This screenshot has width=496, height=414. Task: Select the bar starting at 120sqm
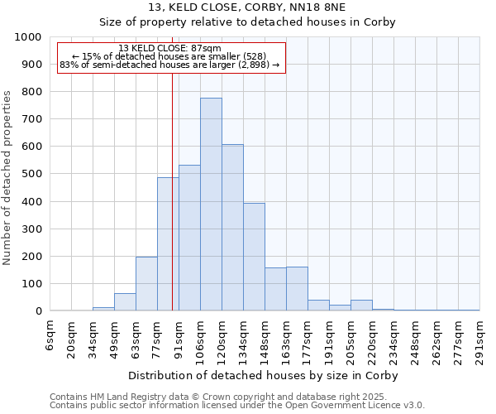[232, 228]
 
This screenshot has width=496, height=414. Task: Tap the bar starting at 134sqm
[254, 257]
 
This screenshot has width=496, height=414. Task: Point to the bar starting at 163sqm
[297, 289]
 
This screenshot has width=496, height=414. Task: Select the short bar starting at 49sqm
[125, 302]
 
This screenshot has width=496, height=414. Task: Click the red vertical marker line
[172, 207]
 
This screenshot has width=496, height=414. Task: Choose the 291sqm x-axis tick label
[479, 339]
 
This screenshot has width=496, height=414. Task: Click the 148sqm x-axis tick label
[265, 339]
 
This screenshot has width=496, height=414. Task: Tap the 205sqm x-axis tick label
[351, 339]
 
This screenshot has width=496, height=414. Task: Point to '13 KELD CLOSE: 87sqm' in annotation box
[170, 48]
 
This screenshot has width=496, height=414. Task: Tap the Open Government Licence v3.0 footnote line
[237, 406]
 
